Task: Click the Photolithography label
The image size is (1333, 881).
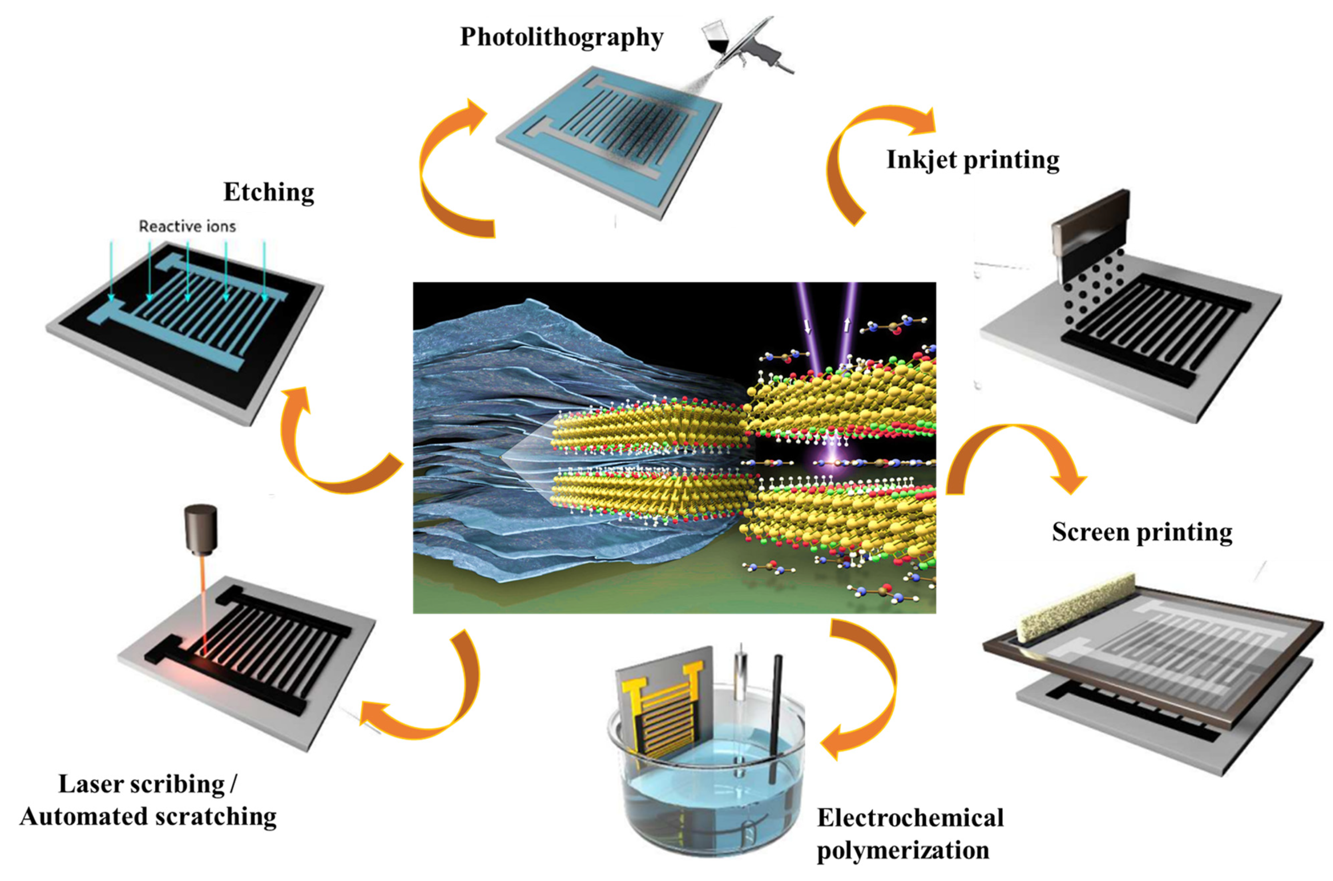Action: pos(561,38)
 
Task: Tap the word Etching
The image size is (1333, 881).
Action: pos(268,192)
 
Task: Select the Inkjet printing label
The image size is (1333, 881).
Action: pos(973,160)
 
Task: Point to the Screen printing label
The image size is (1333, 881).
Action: pos(1142,532)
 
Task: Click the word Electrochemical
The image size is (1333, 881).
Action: pos(910,818)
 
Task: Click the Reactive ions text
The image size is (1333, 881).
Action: pos(187,226)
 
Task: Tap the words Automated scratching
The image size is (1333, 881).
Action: pos(148,816)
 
